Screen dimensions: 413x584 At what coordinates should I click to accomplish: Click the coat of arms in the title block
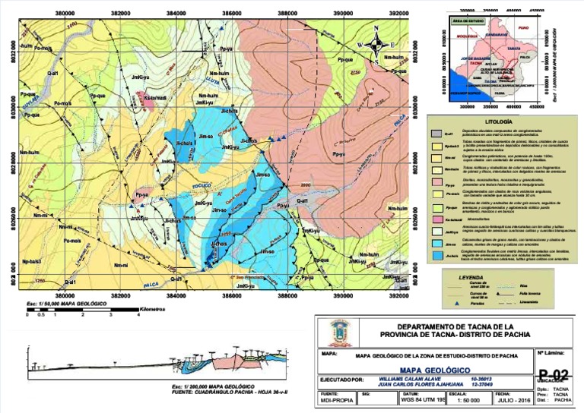click(338, 332)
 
